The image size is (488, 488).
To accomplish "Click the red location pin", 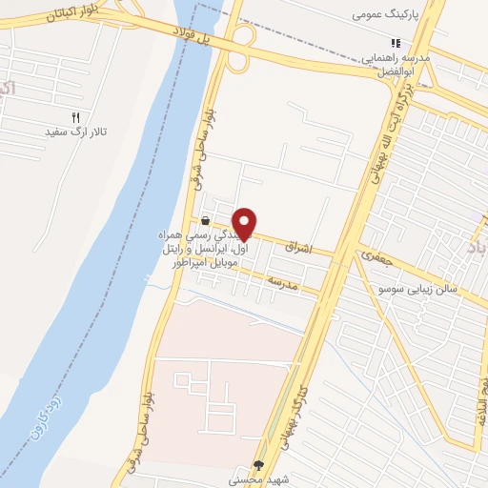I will tap(245, 223).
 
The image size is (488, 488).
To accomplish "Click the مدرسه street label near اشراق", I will tap(283, 284).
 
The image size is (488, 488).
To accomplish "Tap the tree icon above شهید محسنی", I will tap(258, 466).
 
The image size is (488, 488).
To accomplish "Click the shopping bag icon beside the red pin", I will tap(205, 221).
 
